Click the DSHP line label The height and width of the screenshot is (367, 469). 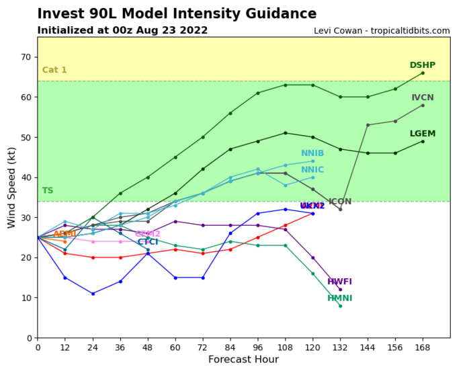point(423,65)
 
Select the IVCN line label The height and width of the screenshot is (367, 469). point(423,97)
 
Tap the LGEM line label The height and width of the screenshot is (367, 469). point(423,134)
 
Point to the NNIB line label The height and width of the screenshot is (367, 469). point(312,153)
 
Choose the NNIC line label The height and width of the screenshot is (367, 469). point(312,169)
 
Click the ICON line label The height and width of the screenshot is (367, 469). point(340,202)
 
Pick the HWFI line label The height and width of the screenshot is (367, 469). point(339,282)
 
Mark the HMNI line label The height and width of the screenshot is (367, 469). point(339,298)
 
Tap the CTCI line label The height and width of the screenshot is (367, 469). point(148,242)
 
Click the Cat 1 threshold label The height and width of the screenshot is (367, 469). point(54,70)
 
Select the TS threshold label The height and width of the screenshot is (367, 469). point(48,191)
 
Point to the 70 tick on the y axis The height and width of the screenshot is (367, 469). point(26,57)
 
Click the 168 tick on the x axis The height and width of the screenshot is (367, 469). point(423,347)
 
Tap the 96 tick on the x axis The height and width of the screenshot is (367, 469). point(257,347)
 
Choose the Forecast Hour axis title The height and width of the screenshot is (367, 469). point(243,360)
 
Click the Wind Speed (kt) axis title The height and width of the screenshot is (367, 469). point(11,187)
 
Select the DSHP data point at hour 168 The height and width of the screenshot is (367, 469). point(423,73)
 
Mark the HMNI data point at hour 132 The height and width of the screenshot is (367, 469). point(340,306)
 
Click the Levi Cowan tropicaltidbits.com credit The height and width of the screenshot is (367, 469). point(382,31)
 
